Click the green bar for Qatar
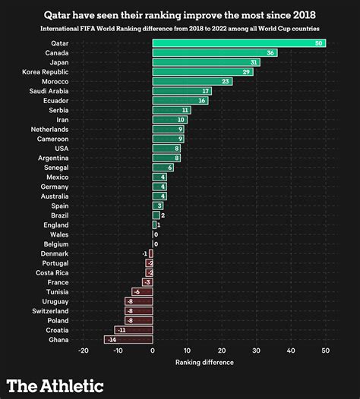(x=238, y=43)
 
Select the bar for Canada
(x=214, y=53)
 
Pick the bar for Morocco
(x=192, y=81)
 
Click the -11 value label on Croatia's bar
(x=120, y=330)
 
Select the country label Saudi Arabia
(x=48, y=91)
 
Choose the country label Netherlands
(x=49, y=129)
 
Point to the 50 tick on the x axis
(x=326, y=350)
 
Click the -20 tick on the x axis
(x=84, y=350)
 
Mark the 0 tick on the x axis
(x=153, y=350)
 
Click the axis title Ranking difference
(x=204, y=362)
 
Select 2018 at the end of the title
(x=302, y=14)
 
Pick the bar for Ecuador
(x=180, y=100)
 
